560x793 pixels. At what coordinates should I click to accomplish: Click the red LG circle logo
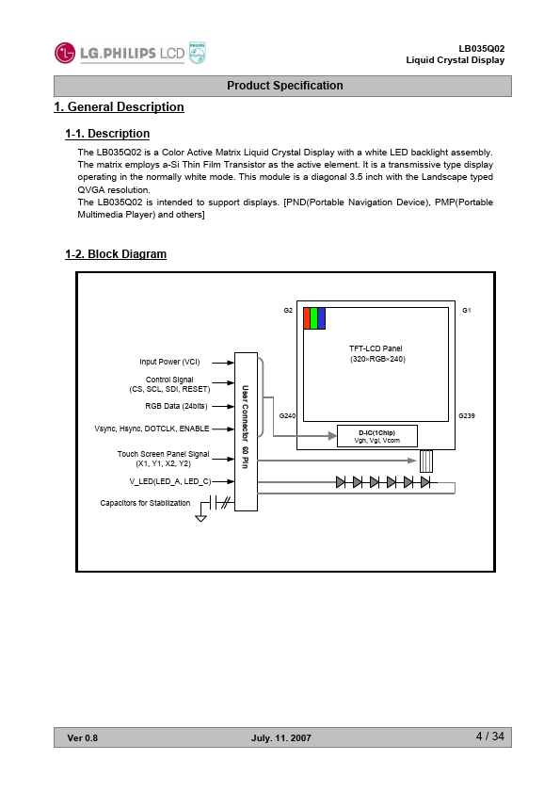[x=65, y=53]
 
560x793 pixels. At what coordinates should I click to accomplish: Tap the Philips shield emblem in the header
[x=197, y=53]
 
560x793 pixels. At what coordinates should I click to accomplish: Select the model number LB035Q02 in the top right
[x=481, y=49]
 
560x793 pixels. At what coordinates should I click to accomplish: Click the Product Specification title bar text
[x=284, y=86]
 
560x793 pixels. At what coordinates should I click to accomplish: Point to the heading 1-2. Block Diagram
[x=116, y=254]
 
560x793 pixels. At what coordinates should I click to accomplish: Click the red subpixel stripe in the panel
[x=307, y=318]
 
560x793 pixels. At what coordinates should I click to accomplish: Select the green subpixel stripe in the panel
[x=313, y=318]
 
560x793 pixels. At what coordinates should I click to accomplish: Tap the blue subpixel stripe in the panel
[x=322, y=318]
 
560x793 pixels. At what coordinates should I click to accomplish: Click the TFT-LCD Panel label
[x=376, y=348]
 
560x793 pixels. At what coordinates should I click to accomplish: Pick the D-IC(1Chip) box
[x=377, y=436]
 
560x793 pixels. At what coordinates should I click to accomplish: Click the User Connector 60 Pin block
[x=247, y=431]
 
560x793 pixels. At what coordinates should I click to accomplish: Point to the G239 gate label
[x=467, y=415]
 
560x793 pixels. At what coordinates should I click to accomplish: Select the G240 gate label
[x=287, y=415]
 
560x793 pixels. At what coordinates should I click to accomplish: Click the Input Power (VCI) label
[x=169, y=362]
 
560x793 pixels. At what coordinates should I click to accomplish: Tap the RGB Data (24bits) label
[x=176, y=406]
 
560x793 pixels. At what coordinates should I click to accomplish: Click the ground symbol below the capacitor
[x=200, y=518]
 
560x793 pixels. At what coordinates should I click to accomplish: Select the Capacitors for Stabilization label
[x=145, y=503]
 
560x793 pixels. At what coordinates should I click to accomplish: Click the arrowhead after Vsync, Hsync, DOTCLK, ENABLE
[x=231, y=429]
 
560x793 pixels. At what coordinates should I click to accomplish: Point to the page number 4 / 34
[x=489, y=736]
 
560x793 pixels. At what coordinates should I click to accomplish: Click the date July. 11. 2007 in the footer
[x=281, y=738]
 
